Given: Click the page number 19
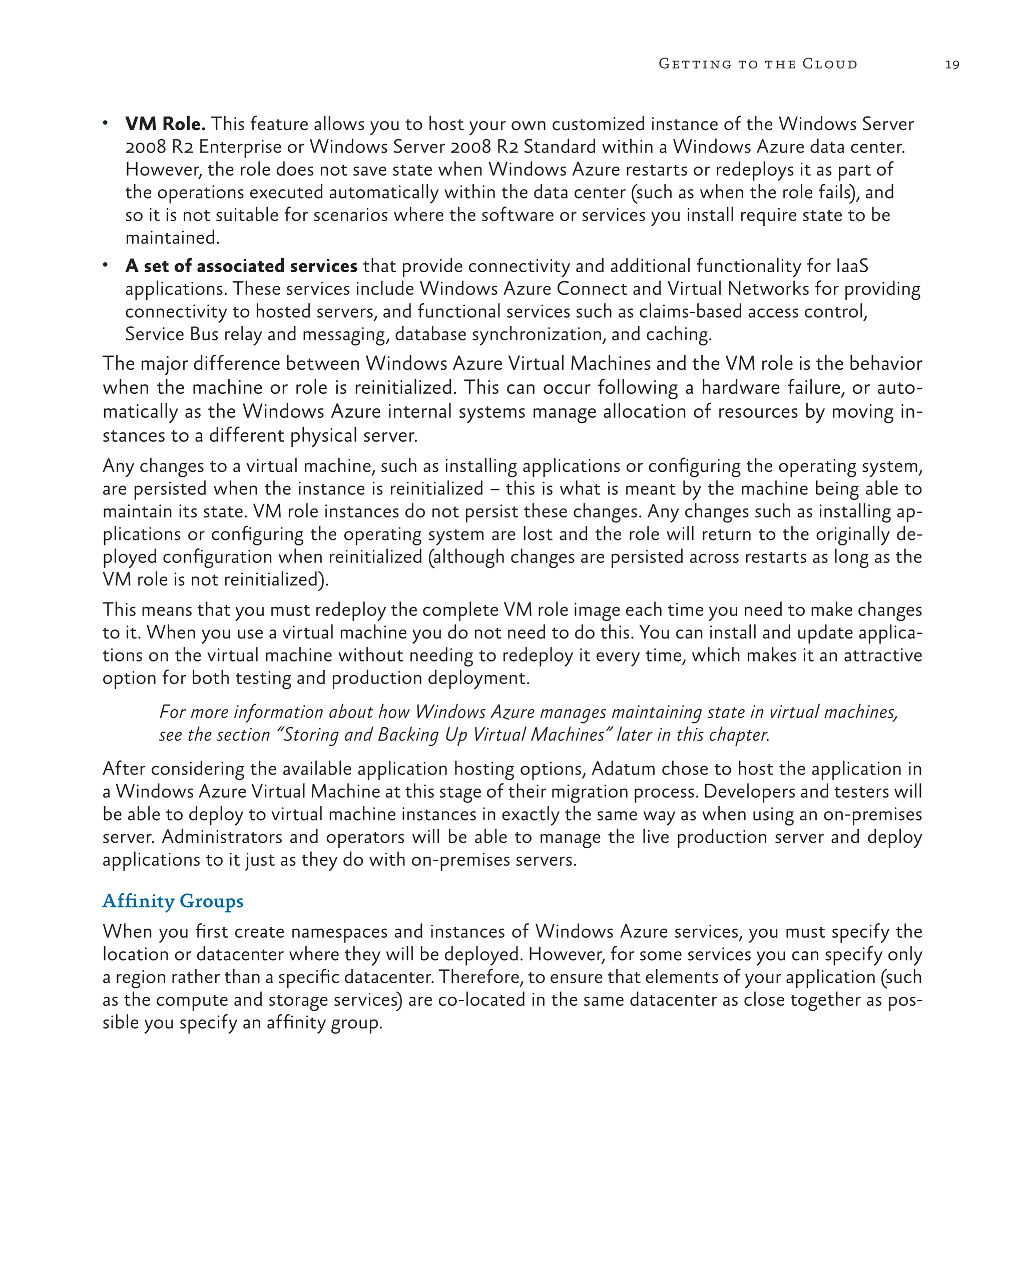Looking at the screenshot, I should click(952, 65).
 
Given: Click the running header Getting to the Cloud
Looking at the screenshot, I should click(758, 64).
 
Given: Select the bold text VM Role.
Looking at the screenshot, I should click(165, 124).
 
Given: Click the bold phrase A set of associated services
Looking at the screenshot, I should click(241, 266).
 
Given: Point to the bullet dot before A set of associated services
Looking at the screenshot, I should click(105, 266).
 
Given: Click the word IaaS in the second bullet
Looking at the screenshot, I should click(852, 266).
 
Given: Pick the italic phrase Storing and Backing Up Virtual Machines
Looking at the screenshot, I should click(444, 735).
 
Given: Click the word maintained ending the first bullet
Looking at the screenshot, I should click(172, 238).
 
